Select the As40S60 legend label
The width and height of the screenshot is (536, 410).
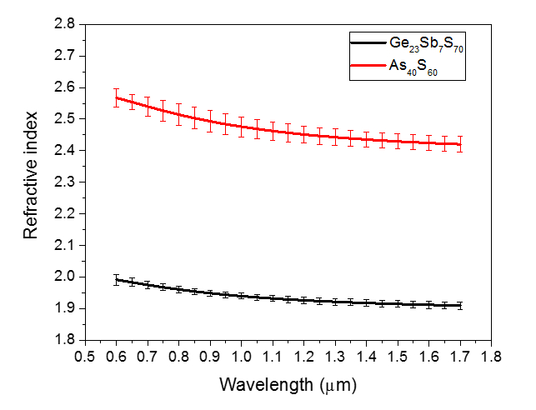[x=412, y=69]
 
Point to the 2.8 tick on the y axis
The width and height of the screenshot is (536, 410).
[x=67, y=24]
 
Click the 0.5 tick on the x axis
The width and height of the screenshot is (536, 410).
[x=85, y=356]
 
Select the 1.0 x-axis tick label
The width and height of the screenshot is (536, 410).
[x=241, y=356]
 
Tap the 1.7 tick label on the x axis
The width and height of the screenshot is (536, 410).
[x=459, y=356]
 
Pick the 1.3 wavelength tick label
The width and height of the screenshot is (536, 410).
[x=334, y=356]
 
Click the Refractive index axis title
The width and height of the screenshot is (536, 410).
[x=31, y=182]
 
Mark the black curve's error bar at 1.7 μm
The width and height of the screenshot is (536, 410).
[x=459, y=306]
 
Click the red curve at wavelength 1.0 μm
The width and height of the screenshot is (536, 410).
[x=241, y=127]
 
